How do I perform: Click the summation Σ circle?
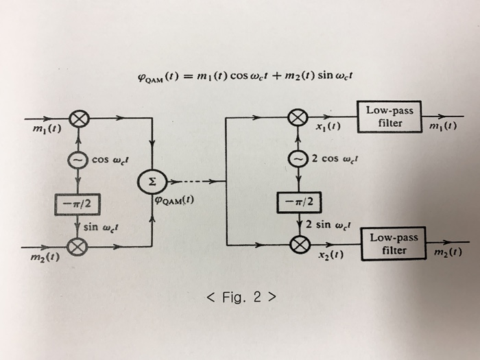tap(152, 182)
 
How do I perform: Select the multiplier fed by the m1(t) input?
tap(80, 120)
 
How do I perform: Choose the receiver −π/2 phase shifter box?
tap(296, 202)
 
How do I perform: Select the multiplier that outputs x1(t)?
tap(297, 119)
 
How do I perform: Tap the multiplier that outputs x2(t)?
tap(297, 244)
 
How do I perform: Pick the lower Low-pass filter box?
tap(396, 243)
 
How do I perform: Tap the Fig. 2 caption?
tap(241, 297)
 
